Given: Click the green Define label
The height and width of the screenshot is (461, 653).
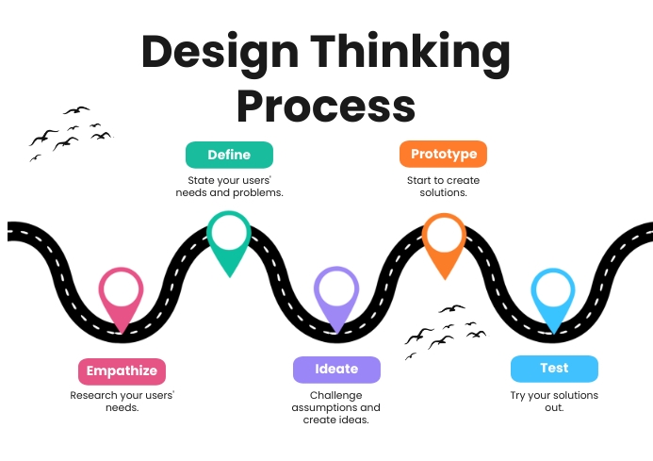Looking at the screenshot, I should (229, 155).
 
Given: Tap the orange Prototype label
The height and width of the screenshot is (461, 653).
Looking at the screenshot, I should (443, 155).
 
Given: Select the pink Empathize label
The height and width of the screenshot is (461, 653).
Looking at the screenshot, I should (122, 370).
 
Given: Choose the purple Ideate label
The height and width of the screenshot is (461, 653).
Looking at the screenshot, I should (336, 370).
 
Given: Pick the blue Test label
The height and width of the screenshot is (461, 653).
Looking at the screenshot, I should (554, 369).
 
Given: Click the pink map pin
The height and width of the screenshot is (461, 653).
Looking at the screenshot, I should (122, 297).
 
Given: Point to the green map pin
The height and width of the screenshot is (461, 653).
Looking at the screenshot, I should (229, 240).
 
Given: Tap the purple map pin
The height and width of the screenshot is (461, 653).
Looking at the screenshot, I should (336, 296).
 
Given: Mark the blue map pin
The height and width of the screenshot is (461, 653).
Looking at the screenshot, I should (553, 298).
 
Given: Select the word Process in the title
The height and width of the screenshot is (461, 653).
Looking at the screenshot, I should (326, 106).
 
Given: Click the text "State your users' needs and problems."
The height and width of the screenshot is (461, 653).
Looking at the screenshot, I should (229, 186).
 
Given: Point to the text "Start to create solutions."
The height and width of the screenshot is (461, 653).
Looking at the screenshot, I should (443, 186).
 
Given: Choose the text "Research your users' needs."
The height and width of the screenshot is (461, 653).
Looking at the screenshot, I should (122, 402).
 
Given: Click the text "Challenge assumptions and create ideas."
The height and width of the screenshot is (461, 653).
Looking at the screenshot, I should (336, 407).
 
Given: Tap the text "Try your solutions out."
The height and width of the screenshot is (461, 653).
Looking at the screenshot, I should (554, 402).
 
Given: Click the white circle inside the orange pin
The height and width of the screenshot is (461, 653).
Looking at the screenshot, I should (444, 233).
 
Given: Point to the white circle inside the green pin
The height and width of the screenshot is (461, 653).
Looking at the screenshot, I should (229, 232).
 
